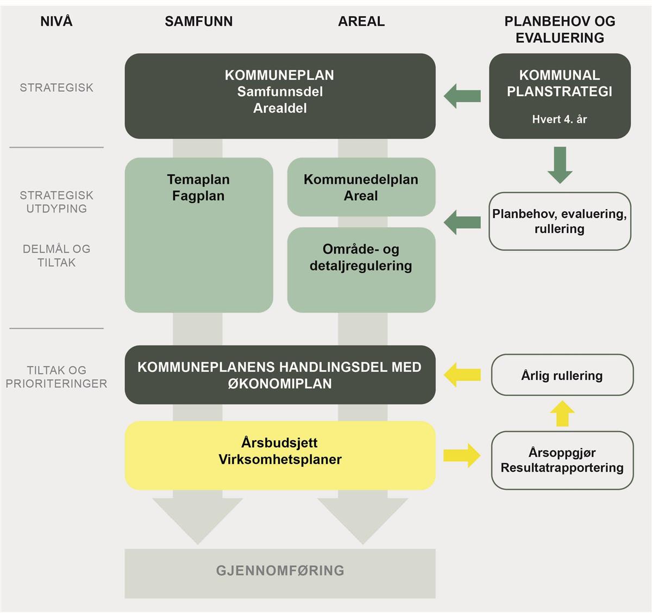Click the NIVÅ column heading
(x=57, y=22)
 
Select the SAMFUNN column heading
(x=199, y=22)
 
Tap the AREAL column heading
(x=361, y=22)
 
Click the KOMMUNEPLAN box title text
(x=279, y=76)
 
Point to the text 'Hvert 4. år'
(x=560, y=120)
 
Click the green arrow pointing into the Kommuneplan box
(x=462, y=97)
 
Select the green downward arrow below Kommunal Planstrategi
(x=560, y=165)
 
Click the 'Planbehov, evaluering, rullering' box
(x=560, y=221)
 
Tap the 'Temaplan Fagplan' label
(x=198, y=187)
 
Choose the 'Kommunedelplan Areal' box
(x=361, y=187)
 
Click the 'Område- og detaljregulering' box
(x=361, y=270)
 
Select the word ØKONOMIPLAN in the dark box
(x=279, y=384)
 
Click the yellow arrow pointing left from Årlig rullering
(x=462, y=375)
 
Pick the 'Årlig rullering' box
(x=562, y=376)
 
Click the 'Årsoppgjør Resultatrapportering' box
(x=562, y=460)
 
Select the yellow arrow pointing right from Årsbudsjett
(x=462, y=455)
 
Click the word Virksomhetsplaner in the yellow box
(x=280, y=460)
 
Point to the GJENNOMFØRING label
(x=280, y=571)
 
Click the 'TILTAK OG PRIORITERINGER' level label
(x=57, y=377)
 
